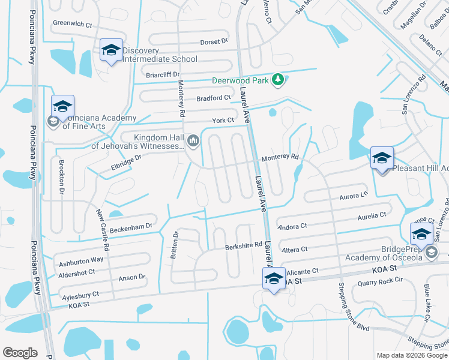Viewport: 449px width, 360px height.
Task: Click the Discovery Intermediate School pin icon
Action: click(112, 50)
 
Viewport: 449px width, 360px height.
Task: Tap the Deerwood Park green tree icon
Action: click(277, 79)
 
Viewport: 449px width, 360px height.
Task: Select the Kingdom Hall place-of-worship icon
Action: click(193, 142)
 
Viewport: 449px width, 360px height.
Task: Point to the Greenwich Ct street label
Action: click(73, 25)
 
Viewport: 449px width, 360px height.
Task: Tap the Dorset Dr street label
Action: click(214, 42)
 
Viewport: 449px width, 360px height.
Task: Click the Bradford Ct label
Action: click(214, 98)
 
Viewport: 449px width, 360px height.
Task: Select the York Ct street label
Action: click(223, 121)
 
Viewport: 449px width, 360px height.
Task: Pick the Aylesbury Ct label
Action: click(80, 295)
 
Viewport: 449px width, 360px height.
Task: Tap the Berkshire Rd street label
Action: click(243, 245)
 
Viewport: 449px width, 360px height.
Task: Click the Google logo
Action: click(20, 352)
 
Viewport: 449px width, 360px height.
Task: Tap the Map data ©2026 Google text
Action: click(412, 355)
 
